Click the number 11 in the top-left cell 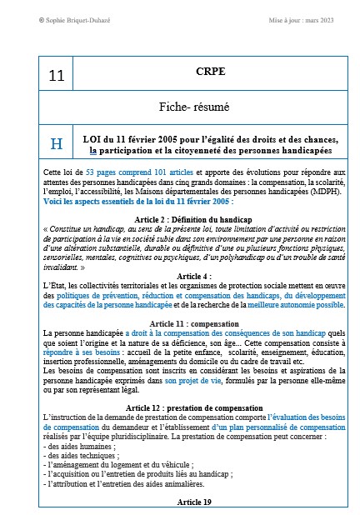[x=56, y=76]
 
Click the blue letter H [x=57, y=143]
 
